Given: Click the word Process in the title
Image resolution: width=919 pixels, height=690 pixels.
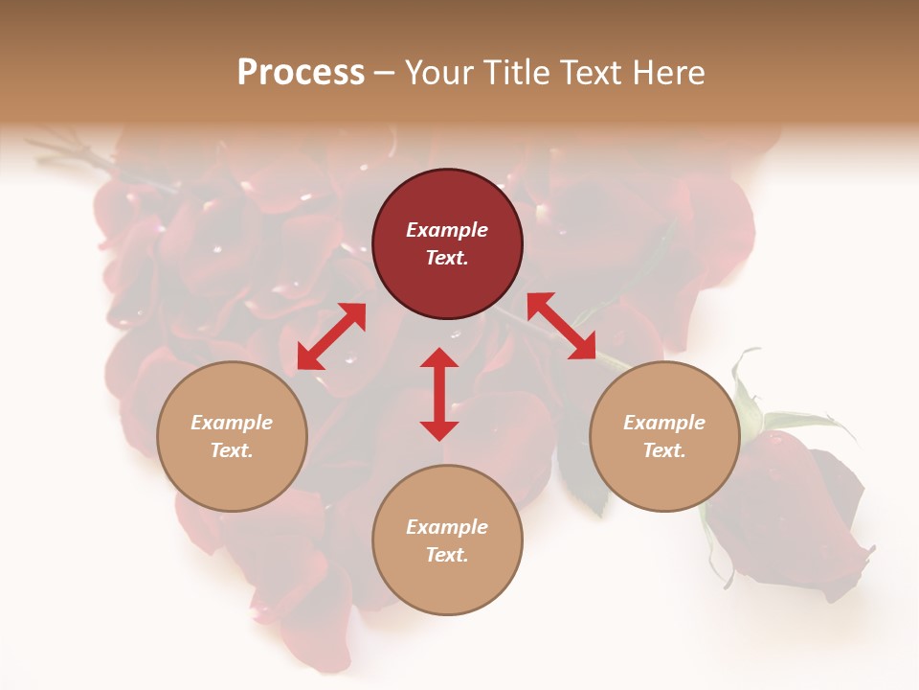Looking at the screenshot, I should (301, 73).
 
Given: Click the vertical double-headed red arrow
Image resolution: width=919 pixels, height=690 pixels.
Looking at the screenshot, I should (439, 394).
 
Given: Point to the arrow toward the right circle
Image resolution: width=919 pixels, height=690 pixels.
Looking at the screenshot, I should (562, 327).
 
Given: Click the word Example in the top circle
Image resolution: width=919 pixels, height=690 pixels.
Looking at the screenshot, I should (447, 230).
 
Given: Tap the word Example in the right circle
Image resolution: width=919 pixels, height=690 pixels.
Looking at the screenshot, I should (664, 423).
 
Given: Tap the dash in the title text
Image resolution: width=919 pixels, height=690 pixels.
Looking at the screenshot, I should (385, 74).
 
